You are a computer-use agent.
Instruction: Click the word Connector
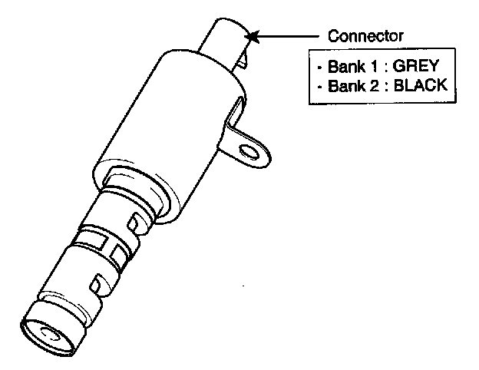(x=365, y=35)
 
